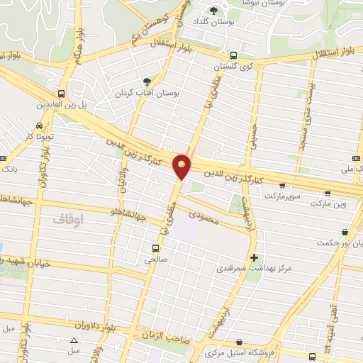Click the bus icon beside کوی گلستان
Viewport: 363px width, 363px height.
coord(234,56)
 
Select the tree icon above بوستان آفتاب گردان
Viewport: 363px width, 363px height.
coord(147,82)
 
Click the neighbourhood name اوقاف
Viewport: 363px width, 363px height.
coord(68,220)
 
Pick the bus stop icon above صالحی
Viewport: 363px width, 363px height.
coord(155,248)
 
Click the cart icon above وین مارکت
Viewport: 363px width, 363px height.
coord(327,192)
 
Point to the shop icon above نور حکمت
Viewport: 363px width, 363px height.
coord(345,231)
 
